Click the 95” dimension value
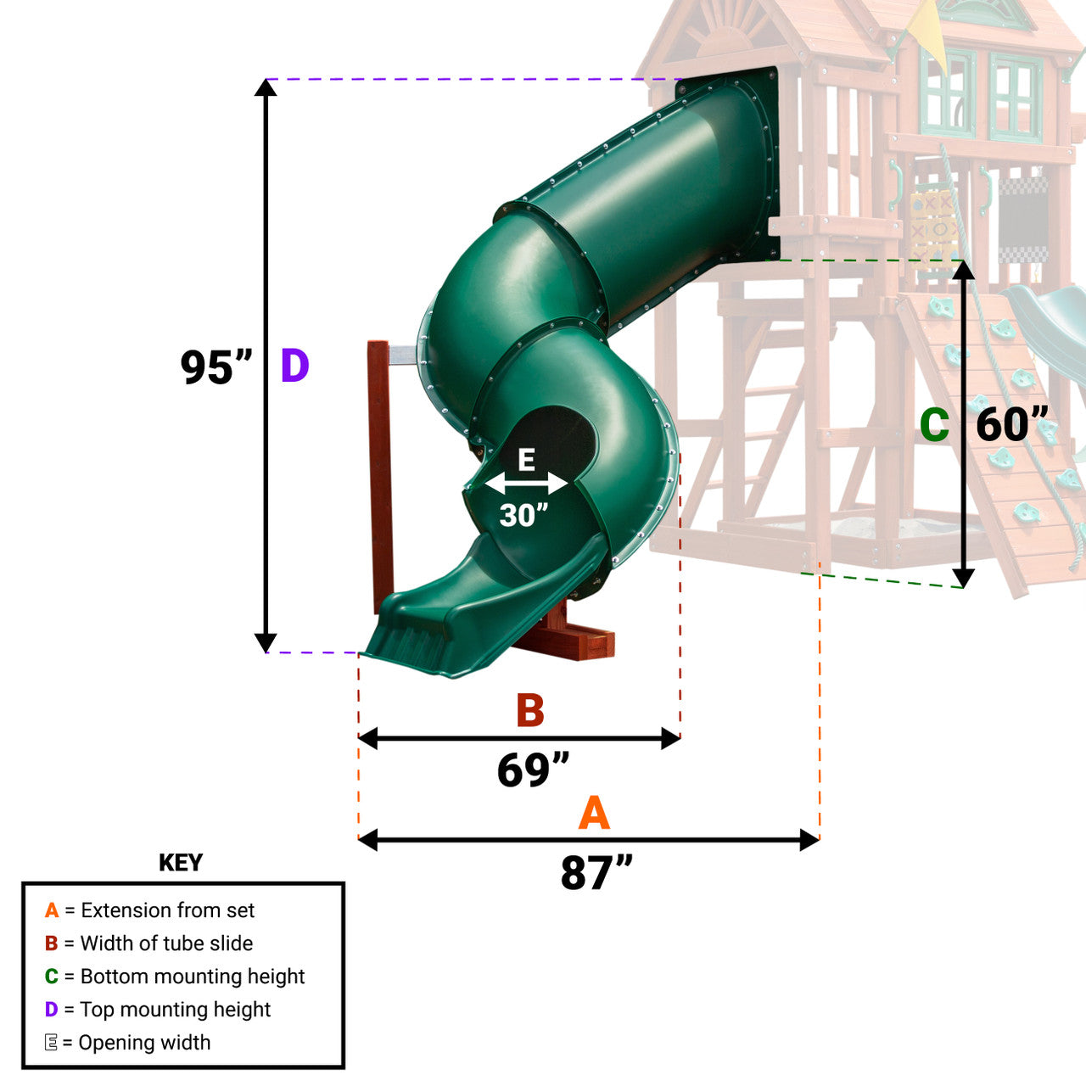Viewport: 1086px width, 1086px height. [216, 367]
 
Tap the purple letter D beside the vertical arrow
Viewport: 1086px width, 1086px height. [294, 366]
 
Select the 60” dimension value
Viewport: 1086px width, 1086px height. [1012, 424]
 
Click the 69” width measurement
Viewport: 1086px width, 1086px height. [533, 770]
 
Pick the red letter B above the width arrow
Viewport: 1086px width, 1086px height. [530, 711]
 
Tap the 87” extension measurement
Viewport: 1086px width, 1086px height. [596, 873]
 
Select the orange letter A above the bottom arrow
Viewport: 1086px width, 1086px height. [594, 814]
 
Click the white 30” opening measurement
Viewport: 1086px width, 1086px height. [524, 515]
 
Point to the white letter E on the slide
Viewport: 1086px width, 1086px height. [526, 461]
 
